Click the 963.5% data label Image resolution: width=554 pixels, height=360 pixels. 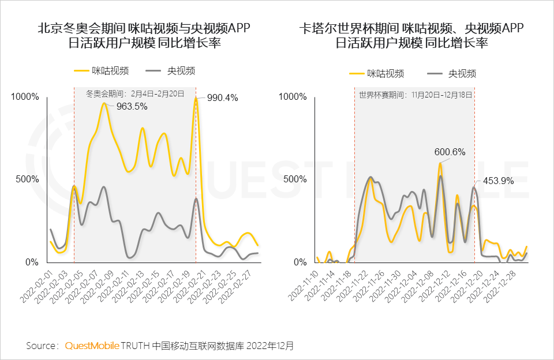[x=132, y=106]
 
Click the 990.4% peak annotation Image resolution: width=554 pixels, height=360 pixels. [x=222, y=97]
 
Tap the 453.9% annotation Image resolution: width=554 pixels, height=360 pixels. [x=497, y=181]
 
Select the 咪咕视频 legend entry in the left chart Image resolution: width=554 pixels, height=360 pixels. [x=101, y=70]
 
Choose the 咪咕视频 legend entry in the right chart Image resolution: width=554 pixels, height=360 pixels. [x=376, y=73]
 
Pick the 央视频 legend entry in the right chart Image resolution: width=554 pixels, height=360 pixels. [x=452, y=73]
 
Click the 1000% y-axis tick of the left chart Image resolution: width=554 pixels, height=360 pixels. [x=25, y=97]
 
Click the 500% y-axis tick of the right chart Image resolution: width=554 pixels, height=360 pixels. [x=294, y=179]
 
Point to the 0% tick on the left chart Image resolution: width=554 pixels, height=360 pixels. [x=29, y=262]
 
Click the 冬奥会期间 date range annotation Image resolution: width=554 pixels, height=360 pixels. [x=134, y=93]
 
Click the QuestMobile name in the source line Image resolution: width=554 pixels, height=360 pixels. [x=92, y=346]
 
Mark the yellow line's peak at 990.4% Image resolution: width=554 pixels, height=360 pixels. [x=196, y=99]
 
